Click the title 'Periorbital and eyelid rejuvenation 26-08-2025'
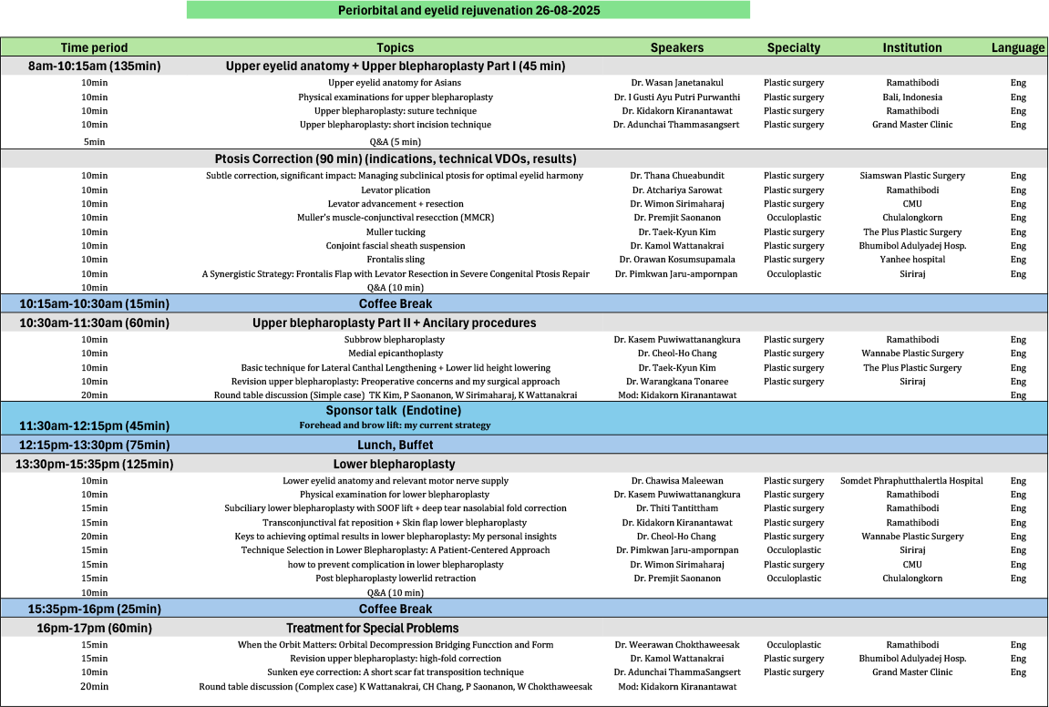tap(468, 10)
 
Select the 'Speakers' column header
tap(676, 47)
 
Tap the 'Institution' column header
tap(911, 47)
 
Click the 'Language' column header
tap(1017, 47)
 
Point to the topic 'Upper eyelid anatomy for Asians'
tap(396, 83)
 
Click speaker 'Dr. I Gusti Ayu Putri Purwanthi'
tap(676, 97)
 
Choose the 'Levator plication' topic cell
tap(396, 190)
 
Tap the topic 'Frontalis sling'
tap(396, 260)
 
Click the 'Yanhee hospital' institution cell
tap(911, 260)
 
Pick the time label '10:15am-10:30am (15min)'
tap(95, 303)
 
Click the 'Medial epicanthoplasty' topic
tap(396, 353)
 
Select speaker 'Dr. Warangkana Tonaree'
tap(676, 382)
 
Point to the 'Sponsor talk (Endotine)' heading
tap(396, 411)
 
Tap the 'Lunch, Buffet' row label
tap(396, 445)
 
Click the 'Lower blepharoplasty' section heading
tap(394, 464)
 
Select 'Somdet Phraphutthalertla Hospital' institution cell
tap(911, 481)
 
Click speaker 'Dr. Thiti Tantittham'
tap(676, 508)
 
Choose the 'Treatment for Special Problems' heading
tap(372, 628)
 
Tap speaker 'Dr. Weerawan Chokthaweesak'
tap(676, 645)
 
